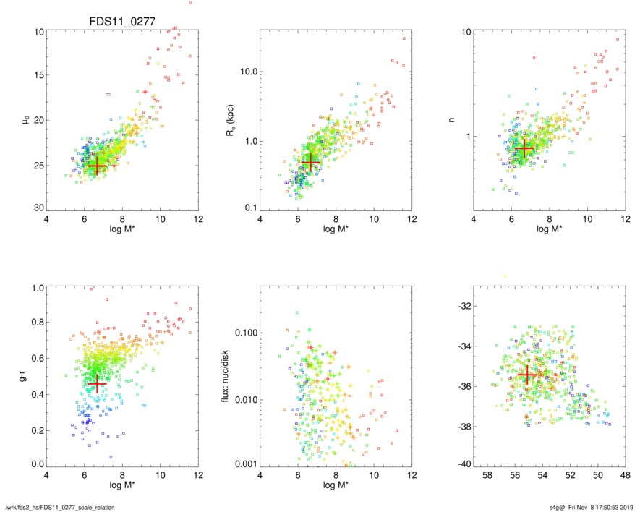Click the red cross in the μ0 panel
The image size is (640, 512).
tap(96, 166)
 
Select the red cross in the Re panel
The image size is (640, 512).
tap(310, 163)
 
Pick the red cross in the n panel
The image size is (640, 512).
tap(524, 149)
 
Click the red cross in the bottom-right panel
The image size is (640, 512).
tap(526, 375)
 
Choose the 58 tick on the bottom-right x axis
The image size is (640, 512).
tap(487, 476)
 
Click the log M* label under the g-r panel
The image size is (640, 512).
tap(121, 486)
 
